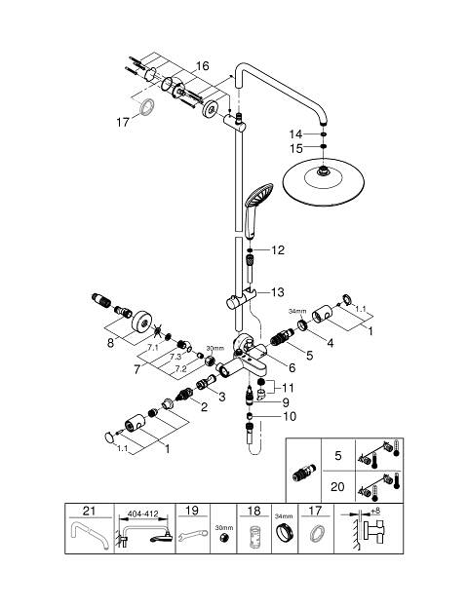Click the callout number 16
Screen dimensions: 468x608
coord(202,66)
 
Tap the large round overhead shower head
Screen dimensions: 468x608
coord(324,182)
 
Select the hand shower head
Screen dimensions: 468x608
coord(258,195)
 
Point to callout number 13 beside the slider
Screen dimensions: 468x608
coord(278,292)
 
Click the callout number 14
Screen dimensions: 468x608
coord(295,134)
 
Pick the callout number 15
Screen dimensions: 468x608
coord(296,148)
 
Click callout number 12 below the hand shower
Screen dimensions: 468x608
coord(278,250)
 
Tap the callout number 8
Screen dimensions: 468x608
coord(110,343)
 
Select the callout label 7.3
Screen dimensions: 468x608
coord(175,357)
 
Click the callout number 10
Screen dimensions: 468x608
coord(290,416)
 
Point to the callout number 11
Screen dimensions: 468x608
coord(288,388)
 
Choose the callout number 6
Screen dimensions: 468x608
coord(292,367)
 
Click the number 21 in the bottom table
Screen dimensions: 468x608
coord(89,511)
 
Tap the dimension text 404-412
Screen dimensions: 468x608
coord(142,513)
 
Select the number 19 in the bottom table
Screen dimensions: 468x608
coord(192,511)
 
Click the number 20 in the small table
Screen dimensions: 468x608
coord(337,486)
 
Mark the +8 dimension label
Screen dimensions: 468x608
coord(375,512)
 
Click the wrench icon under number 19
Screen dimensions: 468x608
coord(192,536)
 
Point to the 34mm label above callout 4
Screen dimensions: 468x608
coord(297,311)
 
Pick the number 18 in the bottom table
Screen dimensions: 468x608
coord(253,511)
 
